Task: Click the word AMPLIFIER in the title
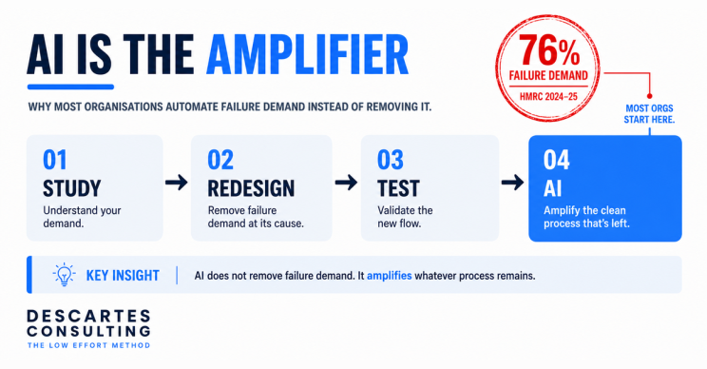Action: (x=307, y=54)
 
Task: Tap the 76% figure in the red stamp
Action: (x=548, y=50)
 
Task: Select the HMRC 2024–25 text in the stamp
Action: (x=548, y=96)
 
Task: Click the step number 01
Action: (x=54, y=160)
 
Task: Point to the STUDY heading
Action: (x=71, y=188)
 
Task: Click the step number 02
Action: (x=220, y=160)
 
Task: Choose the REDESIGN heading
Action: (x=251, y=188)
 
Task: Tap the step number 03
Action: (x=390, y=160)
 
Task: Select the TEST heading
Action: (x=398, y=188)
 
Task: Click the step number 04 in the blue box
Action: (x=557, y=160)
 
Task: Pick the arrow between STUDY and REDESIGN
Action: (x=177, y=183)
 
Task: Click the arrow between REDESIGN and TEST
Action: (x=346, y=183)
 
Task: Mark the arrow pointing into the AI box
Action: (x=512, y=183)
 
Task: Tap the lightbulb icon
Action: (x=64, y=274)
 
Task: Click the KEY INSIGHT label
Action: (x=123, y=275)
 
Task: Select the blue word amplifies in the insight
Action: (x=389, y=276)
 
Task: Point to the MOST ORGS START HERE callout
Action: (x=649, y=114)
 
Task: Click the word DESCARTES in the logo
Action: (x=88, y=316)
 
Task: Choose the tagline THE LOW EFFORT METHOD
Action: (x=88, y=345)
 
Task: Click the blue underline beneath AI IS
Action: (x=70, y=87)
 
